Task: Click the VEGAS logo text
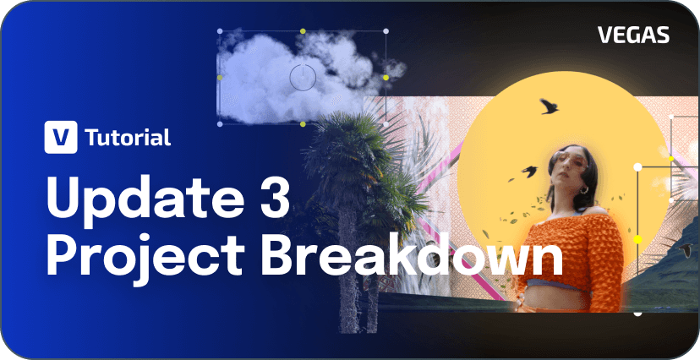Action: point(633,35)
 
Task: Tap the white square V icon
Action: point(61,137)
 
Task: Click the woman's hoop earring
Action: point(584,190)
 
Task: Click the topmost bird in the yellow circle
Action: point(549,106)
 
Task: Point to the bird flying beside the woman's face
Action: point(528,172)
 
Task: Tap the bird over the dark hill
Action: point(686,249)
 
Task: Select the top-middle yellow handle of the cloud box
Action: point(303,31)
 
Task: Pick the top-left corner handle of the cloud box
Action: point(220,31)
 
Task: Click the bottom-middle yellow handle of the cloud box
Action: point(304,124)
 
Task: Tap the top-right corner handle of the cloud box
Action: point(386,31)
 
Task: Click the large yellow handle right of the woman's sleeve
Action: point(637,239)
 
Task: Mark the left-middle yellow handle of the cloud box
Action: point(220,78)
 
